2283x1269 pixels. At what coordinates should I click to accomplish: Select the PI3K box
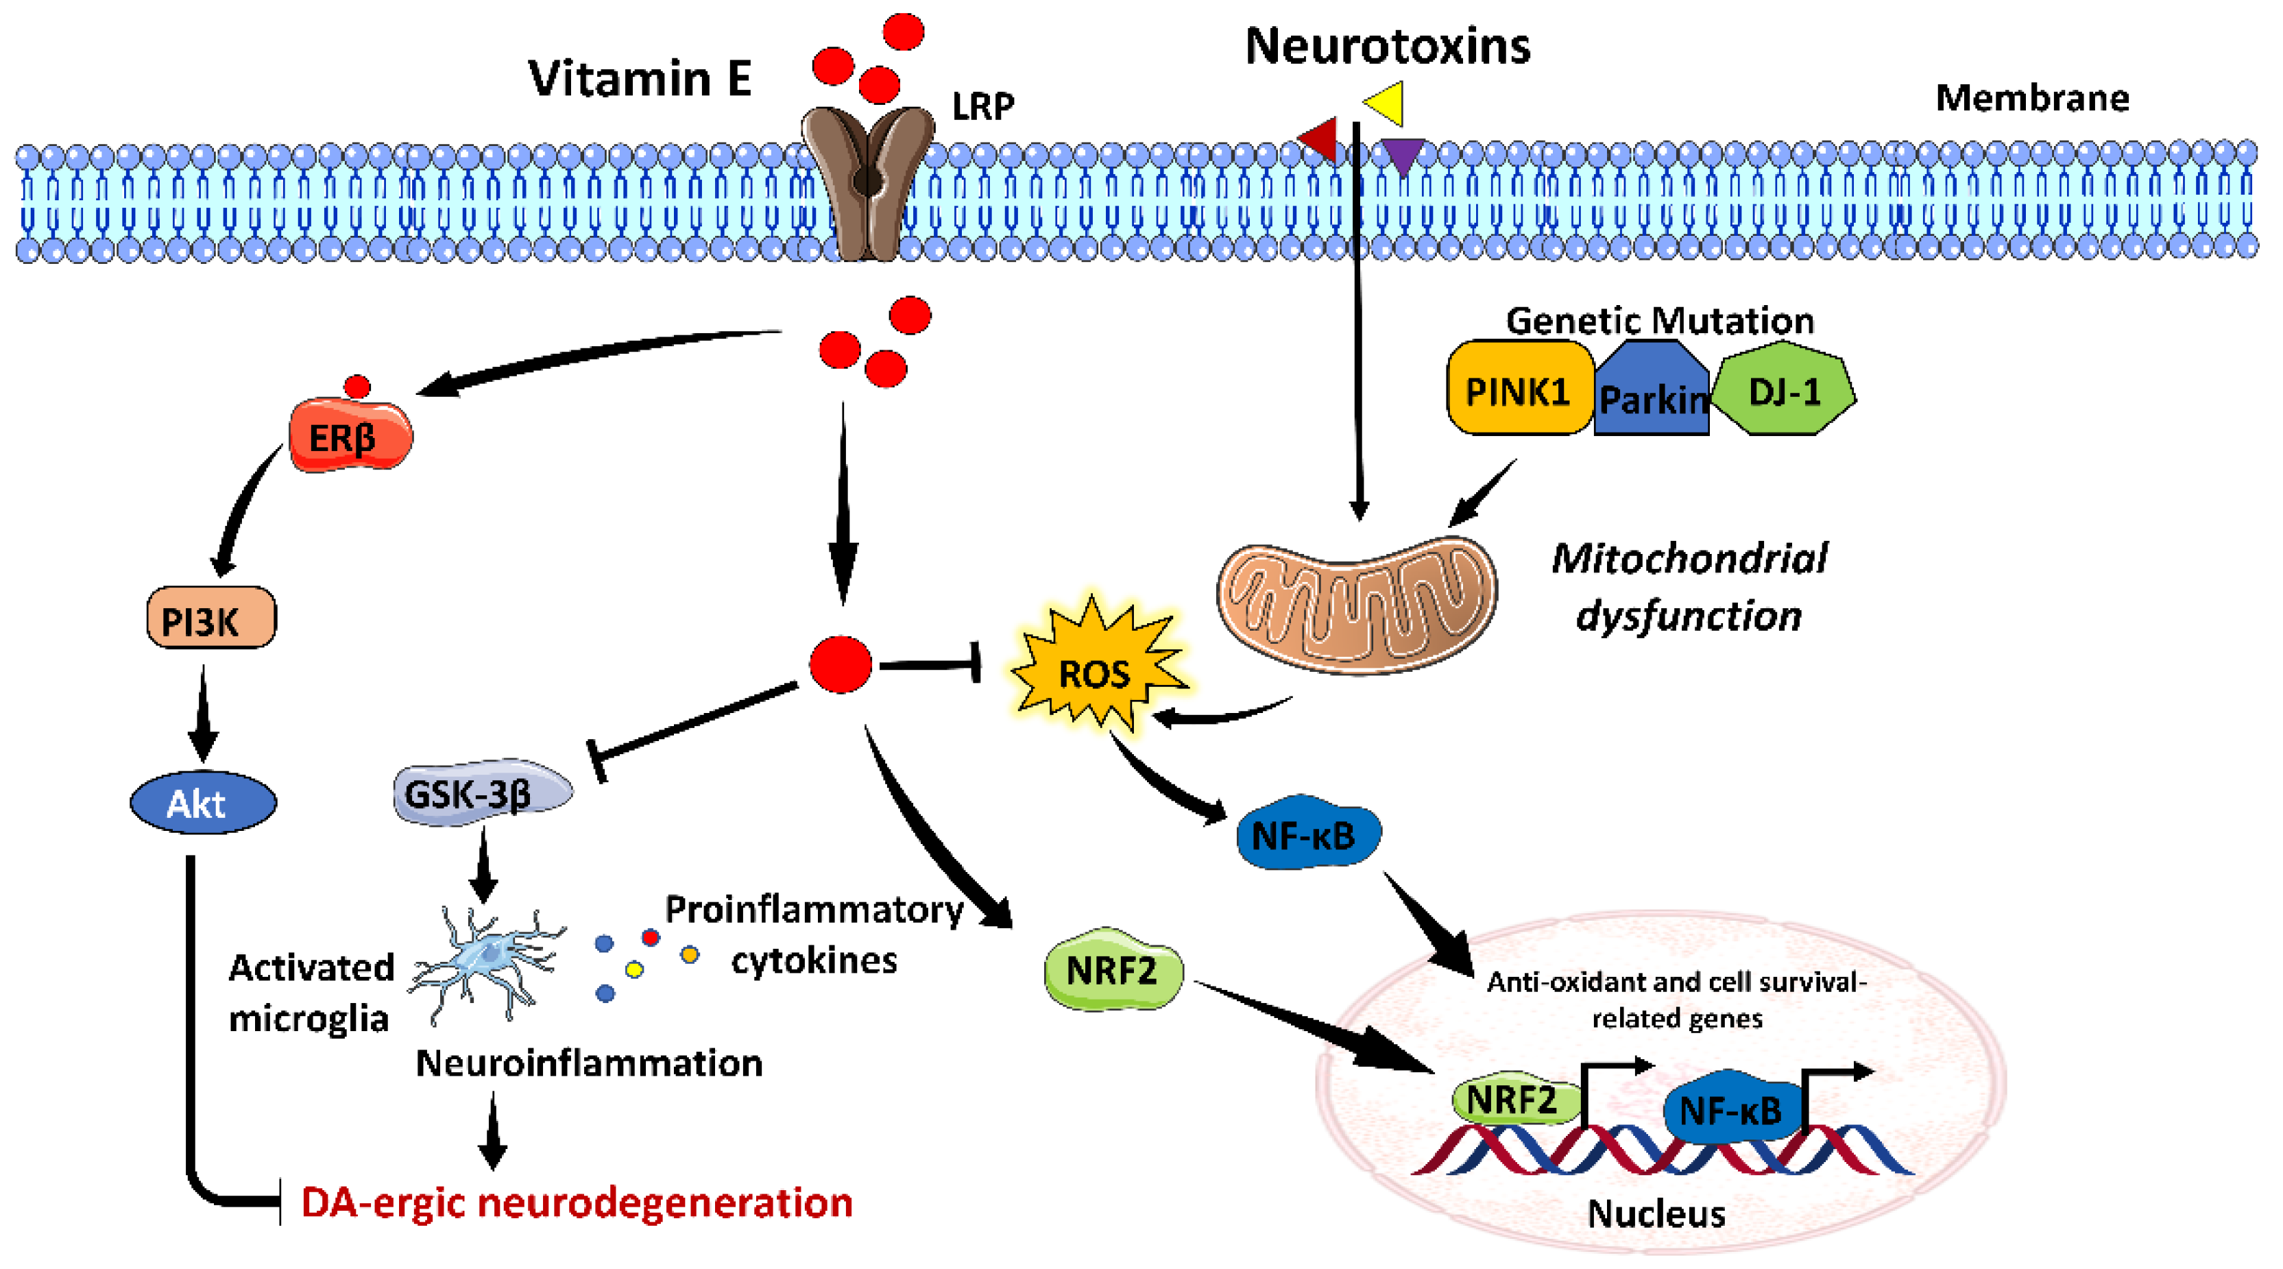(211, 618)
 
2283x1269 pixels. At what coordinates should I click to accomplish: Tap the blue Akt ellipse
(203, 803)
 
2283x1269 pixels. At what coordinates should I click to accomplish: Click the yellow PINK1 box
(1517, 390)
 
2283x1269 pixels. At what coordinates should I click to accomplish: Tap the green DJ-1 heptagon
(1783, 390)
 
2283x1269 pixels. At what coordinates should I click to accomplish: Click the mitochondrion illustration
(1356, 603)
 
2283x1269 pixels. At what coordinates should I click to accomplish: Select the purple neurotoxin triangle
(1403, 154)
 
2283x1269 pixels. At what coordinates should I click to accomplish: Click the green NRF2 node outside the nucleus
(1112, 969)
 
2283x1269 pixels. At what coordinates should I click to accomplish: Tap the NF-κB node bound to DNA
(1728, 1108)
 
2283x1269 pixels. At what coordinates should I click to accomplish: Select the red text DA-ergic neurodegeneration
(576, 1202)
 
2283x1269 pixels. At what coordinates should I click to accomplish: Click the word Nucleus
(1656, 1213)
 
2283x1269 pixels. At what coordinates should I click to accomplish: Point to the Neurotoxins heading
(1387, 46)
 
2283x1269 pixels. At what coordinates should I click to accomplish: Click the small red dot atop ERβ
(357, 387)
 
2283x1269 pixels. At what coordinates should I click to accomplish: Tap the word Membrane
(2031, 97)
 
